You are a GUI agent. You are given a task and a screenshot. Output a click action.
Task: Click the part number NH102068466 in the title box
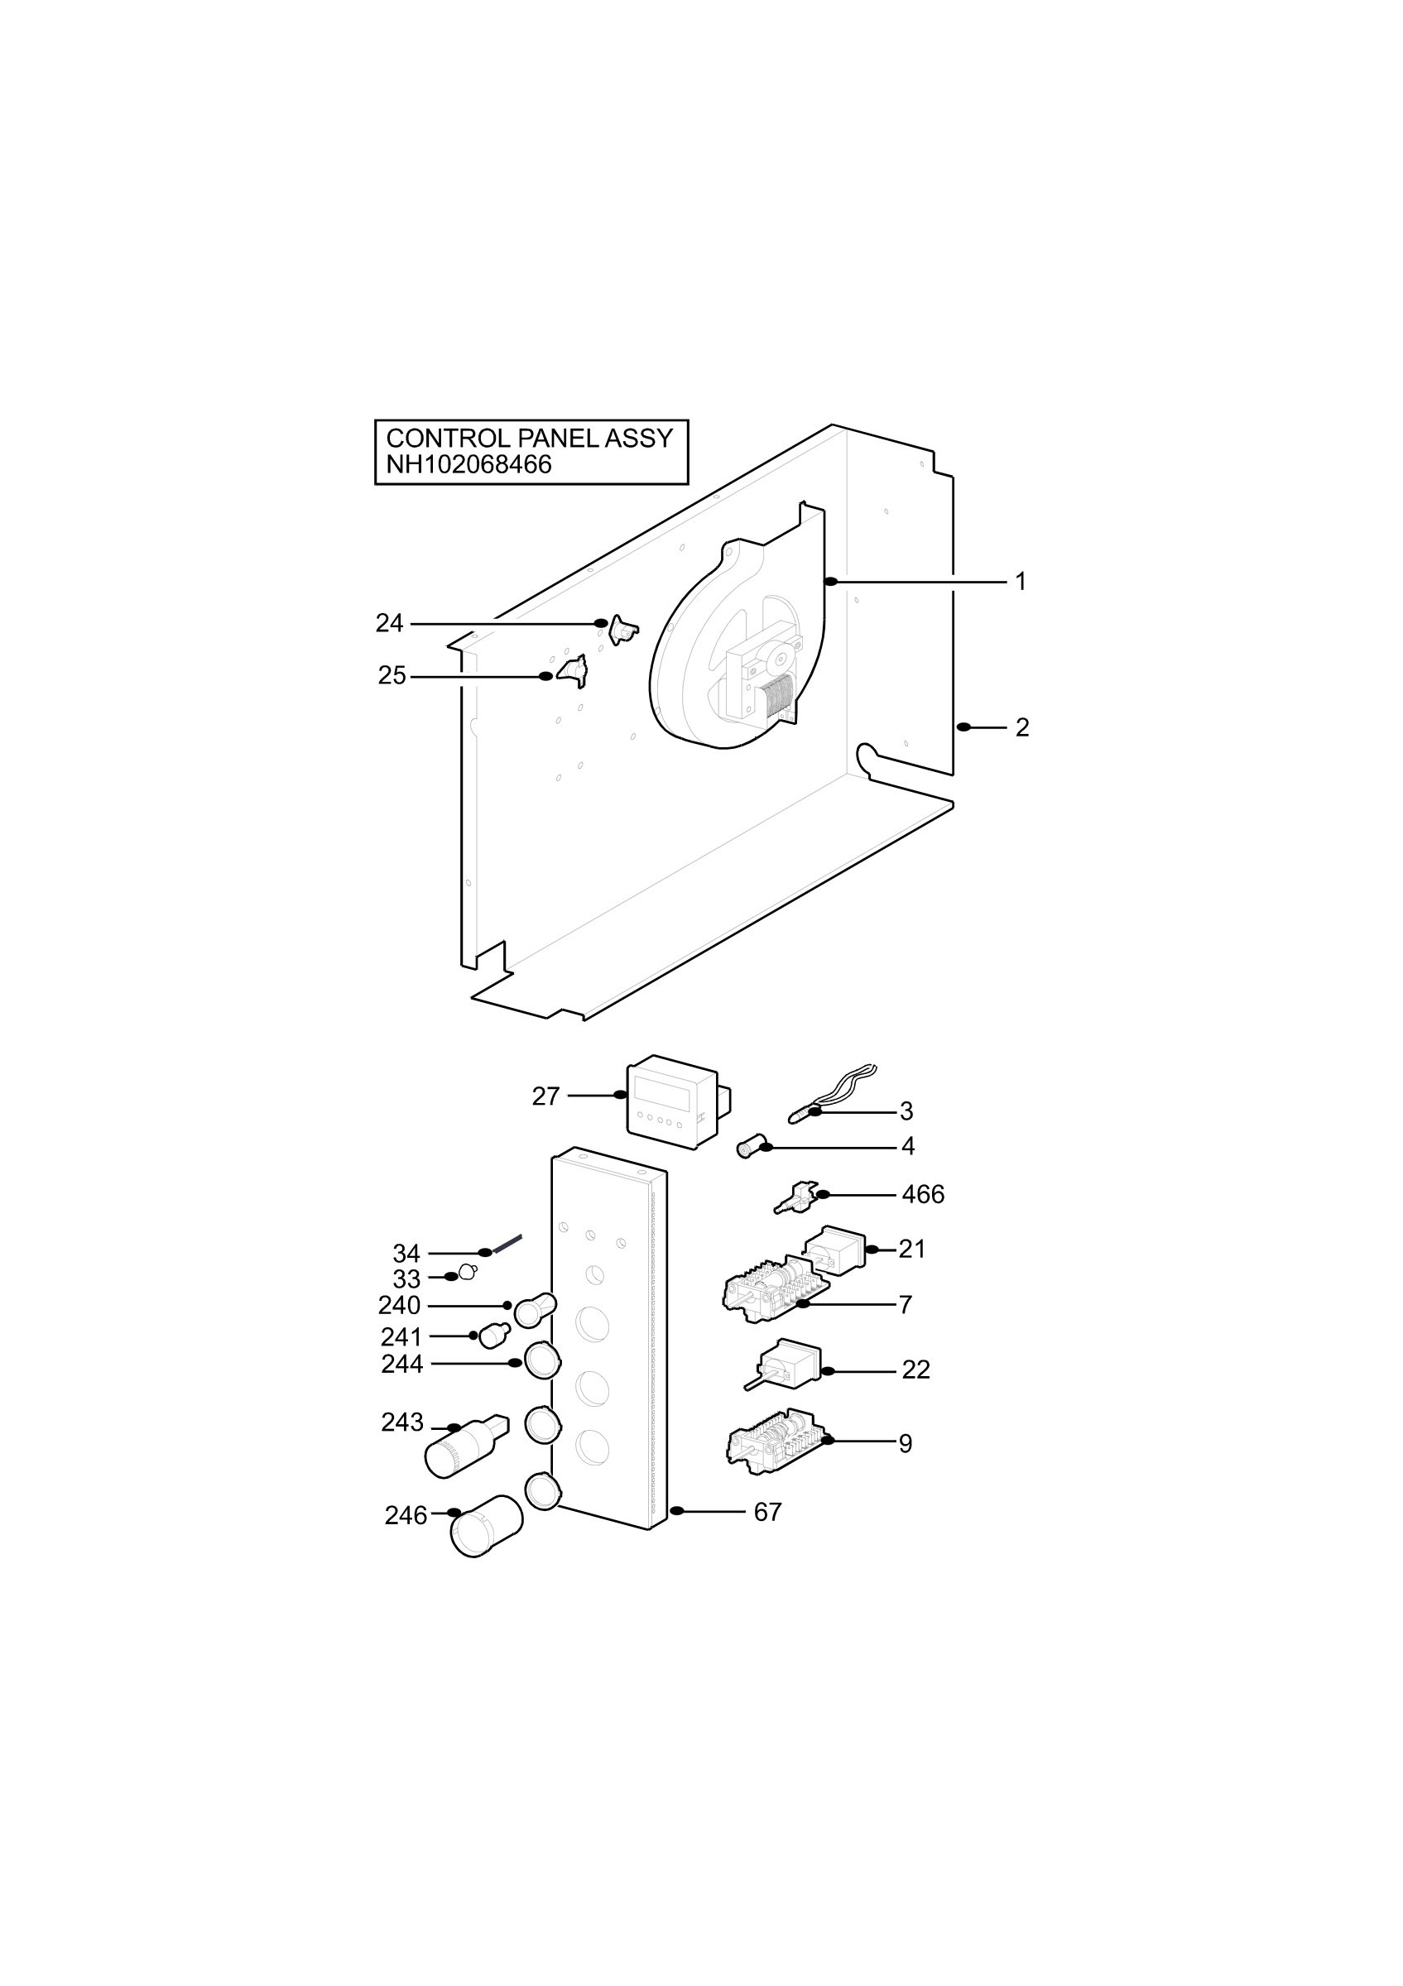pyautogui.click(x=468, y=465)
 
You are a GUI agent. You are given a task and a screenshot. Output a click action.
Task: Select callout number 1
pyautogui.click(x=1021, y=582)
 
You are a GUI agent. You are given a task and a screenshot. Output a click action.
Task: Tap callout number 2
pyautogui.click(x=1022, y=728)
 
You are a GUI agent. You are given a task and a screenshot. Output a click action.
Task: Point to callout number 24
pyautogui.click(x=389, y=623)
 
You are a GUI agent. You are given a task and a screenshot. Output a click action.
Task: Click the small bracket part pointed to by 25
pyautogui.click(x=573, y=671)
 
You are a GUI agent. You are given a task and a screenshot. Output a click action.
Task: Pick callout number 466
pyautogui.click(x=923, y=1195)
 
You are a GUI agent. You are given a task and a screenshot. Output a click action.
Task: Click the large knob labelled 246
pyautogui.click(x=486, y=1527)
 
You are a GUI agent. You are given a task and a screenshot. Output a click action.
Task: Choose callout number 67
pyautogui.click(x=768, y=1512)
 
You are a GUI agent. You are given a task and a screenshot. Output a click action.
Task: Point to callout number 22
pyautogui.click(x=916, y=1370)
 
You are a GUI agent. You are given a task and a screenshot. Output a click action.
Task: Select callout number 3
pyautogui.click(x=906, y=1111)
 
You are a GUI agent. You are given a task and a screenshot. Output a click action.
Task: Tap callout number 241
pyautogui.click(x=401, y=1336)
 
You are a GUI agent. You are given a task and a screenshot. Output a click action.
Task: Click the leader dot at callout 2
pyautogui.click(x=963, y=727)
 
